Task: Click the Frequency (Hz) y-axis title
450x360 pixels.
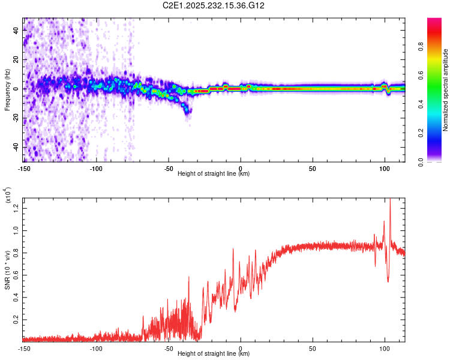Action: (7, 89)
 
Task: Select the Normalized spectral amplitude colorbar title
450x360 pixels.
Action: (446, 90)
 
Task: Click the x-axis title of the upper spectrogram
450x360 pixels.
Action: (214, 174)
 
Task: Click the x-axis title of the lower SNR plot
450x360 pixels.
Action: (214, 354)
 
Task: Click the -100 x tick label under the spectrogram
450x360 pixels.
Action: (96, 168)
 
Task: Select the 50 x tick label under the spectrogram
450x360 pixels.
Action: (312, 168)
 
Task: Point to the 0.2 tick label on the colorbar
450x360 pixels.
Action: (437, 133)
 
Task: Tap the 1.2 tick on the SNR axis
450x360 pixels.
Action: (15, 208)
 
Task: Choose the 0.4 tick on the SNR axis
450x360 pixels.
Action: (15, 297)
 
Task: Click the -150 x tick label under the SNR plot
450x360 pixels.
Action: (24, 348)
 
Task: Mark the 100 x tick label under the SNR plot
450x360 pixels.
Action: (384, 348)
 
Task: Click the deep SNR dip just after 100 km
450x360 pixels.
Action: (388, 281)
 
